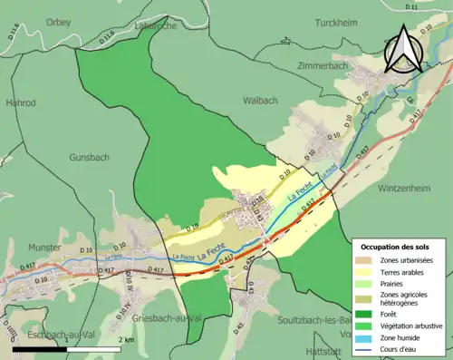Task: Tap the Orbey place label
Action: click(x=58, y=23)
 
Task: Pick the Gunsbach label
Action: click(x=89, y=157)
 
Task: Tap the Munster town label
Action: click(x=43, y=247)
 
